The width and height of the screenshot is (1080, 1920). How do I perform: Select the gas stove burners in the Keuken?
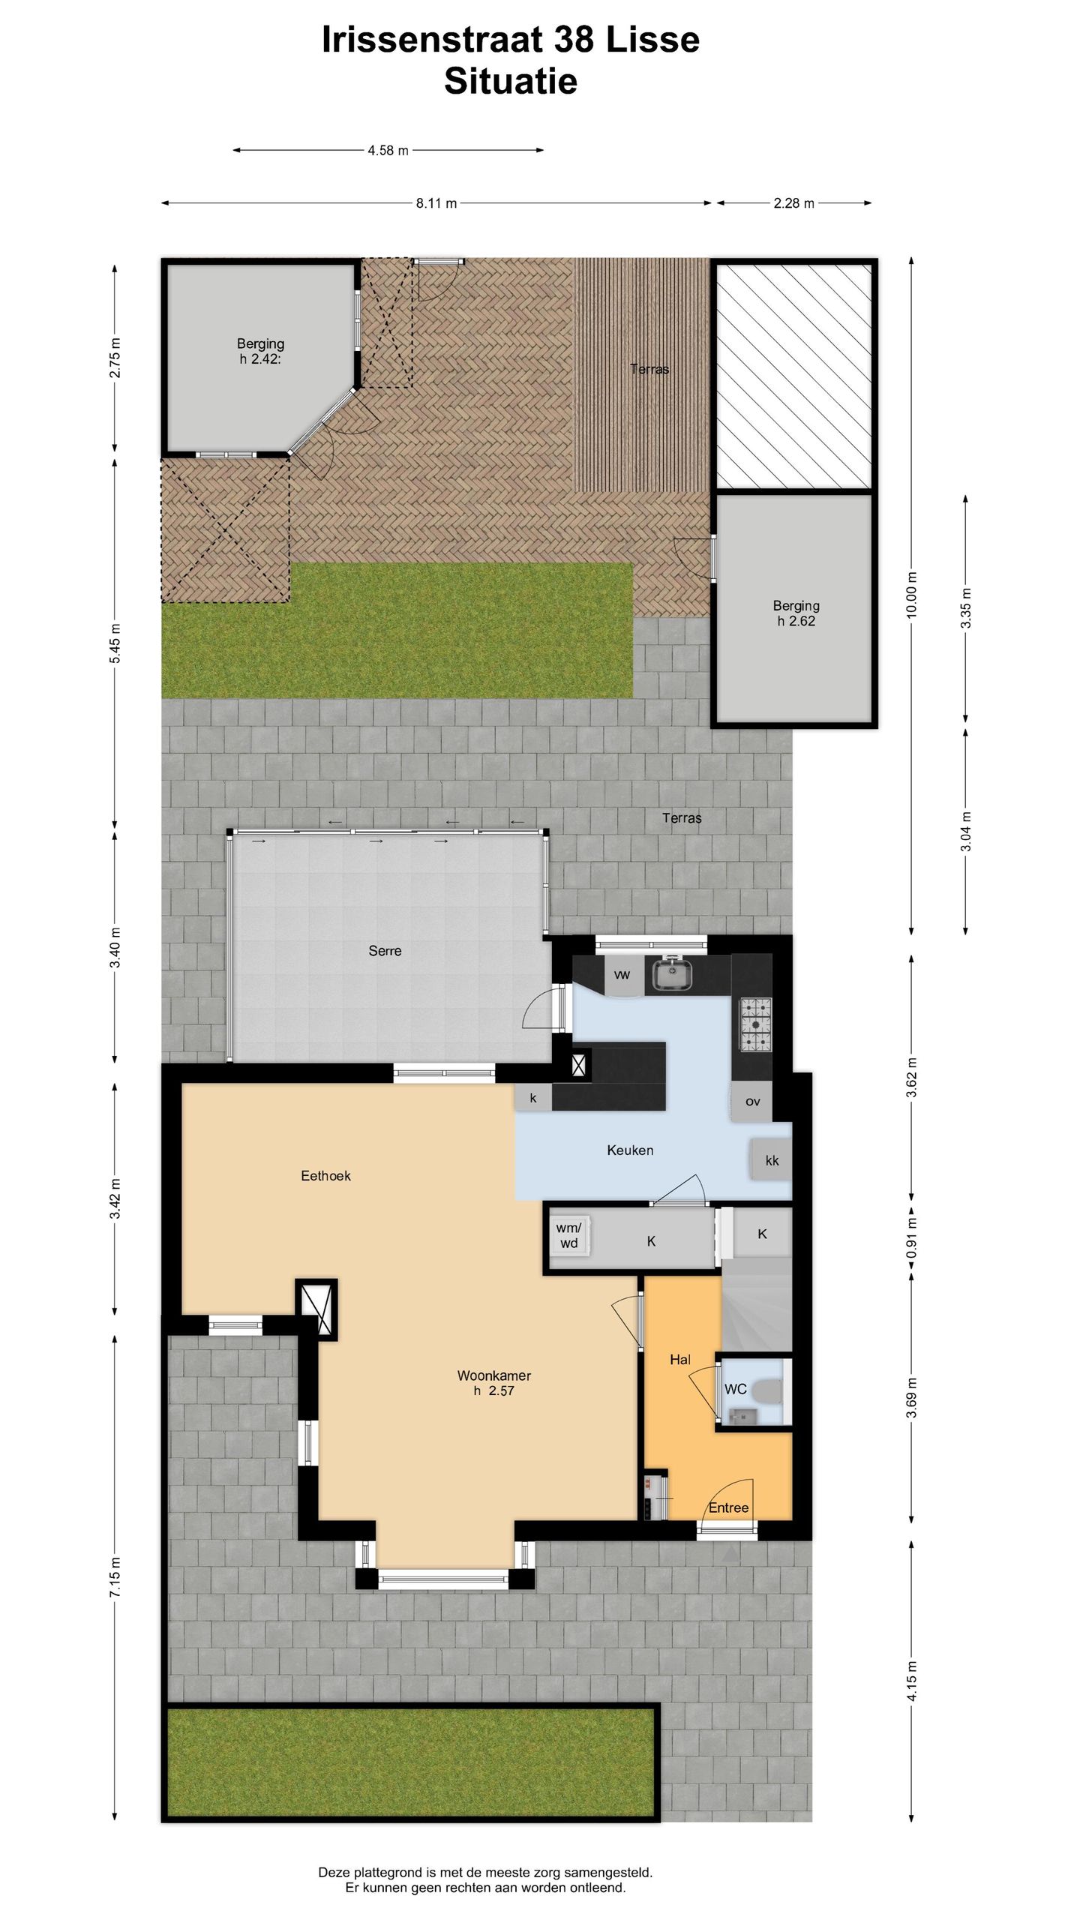pyautogui.click(x=755, y=1024)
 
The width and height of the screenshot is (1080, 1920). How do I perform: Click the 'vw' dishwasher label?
pyautogui.click(x=622, y=975)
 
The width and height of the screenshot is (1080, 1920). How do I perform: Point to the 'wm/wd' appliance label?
pyautogui.click(x=568, y=1235)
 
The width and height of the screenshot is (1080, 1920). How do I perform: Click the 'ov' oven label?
pyautogui.click(x=753, y=1102)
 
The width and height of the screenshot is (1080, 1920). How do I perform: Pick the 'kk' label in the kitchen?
pyautogui.click(x=772, y=1161)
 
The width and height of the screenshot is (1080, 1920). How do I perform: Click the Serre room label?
pyautogui.click(x=385, y=951)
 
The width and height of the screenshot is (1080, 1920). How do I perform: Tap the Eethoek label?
pyautogui.click(x=325, y=1176)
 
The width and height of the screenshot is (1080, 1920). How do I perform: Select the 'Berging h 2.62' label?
pyautogui.click(x=796, y=613)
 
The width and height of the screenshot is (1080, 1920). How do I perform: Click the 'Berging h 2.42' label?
pyautogui.click(x=260, y=351)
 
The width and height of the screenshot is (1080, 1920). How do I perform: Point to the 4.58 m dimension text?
pyautogui.click(x=388, y=151)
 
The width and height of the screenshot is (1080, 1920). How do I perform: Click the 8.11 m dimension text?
pyautogui.click(x=436, y=203)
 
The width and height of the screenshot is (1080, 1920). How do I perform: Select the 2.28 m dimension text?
pyautogui.click(x=793, y=203)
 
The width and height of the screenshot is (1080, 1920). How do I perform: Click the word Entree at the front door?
pyautogui.click(x=728, y=1508)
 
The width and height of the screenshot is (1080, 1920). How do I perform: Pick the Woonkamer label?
pyautogui.click(x=493, y=1376)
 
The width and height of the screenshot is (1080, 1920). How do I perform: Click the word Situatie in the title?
pyautogui.click(x=510, y=81)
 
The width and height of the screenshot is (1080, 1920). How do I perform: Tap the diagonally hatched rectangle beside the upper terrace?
pyautogui.click(x=794, y=375)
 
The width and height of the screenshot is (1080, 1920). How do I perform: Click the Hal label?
pyautogui.click(x=679, y=1360)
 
